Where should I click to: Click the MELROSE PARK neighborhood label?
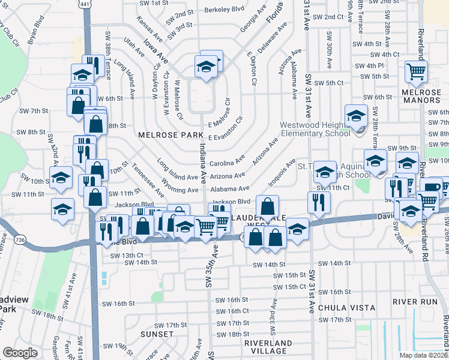click(166, 135)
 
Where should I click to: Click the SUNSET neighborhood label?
click(157, 334)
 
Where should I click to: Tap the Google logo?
click(20, 352)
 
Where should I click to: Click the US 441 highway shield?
click(85, 4)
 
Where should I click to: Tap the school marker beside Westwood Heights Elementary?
click(356, 113)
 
